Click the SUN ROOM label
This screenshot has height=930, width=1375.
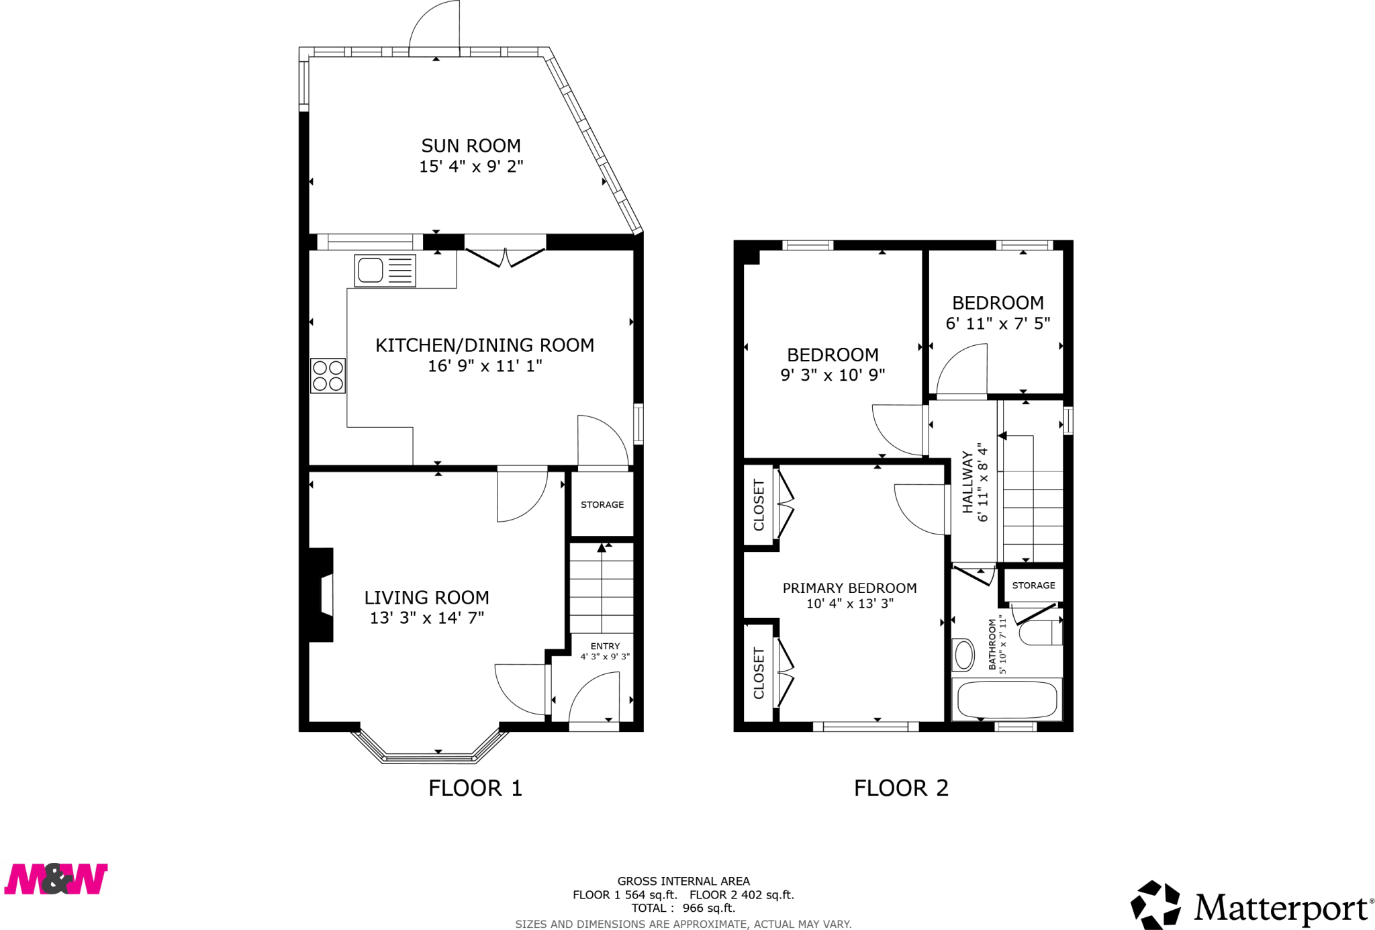[471, 146]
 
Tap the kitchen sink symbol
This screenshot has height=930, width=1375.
[385, 271]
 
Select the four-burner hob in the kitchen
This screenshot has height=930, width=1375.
[328, 375]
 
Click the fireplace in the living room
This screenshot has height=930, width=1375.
[321, 595]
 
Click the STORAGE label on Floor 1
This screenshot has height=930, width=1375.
[602, 505]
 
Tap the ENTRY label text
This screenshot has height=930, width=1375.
[605, 646]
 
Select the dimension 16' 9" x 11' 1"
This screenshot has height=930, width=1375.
[485, 366]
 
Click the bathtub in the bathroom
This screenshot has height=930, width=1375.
[1007, 700]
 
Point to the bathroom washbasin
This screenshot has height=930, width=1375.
[963, 655]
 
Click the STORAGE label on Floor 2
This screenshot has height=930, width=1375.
[1033, 586]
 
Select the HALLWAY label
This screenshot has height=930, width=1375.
[967, 482]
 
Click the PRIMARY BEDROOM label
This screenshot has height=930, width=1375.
[849, 588]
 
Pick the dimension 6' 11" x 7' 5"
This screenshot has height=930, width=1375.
[998, 324]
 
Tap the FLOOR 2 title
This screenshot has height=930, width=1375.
[901, 788]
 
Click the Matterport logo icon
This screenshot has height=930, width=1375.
[1155, 904]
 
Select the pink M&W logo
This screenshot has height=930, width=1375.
[56, 879]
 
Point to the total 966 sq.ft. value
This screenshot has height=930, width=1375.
[709, 908]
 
